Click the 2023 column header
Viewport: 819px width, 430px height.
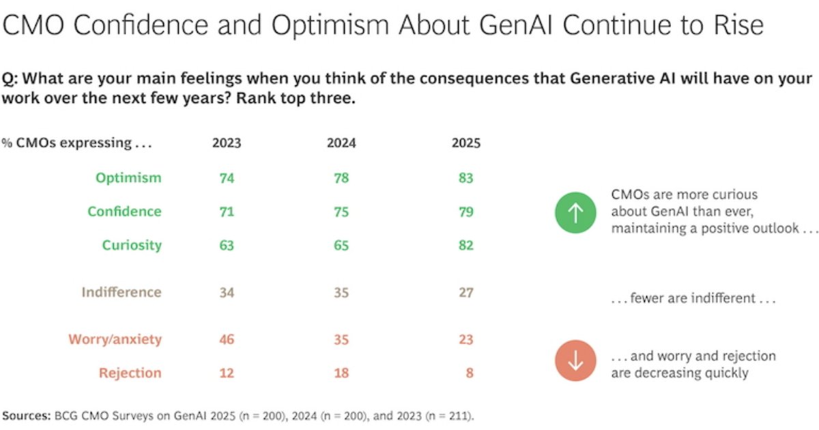tap(227, 143)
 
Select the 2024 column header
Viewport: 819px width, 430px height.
tap(342, 143)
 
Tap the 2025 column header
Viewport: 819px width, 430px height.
tap(466, 143)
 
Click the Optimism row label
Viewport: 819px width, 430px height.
tap(128, 178)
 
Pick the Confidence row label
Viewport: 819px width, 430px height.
tap(124, 212)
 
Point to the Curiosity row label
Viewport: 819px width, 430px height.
tap(132, 245)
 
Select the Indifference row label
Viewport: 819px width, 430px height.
tap(121, 292)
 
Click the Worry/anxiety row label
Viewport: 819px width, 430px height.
tap(115, 339)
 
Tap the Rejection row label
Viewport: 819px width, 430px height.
tap(130, 373)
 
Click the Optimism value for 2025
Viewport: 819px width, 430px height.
tap(466, 178)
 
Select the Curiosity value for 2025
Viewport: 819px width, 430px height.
tap(466, 245)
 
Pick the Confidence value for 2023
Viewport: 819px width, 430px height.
tap(227, 212)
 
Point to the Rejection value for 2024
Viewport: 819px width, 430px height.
tap(342, 373)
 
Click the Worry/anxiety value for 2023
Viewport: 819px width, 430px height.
tap(227, 339)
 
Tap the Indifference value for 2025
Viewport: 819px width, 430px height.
tap(466, 292)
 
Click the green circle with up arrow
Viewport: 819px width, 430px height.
tap(575, 213)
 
